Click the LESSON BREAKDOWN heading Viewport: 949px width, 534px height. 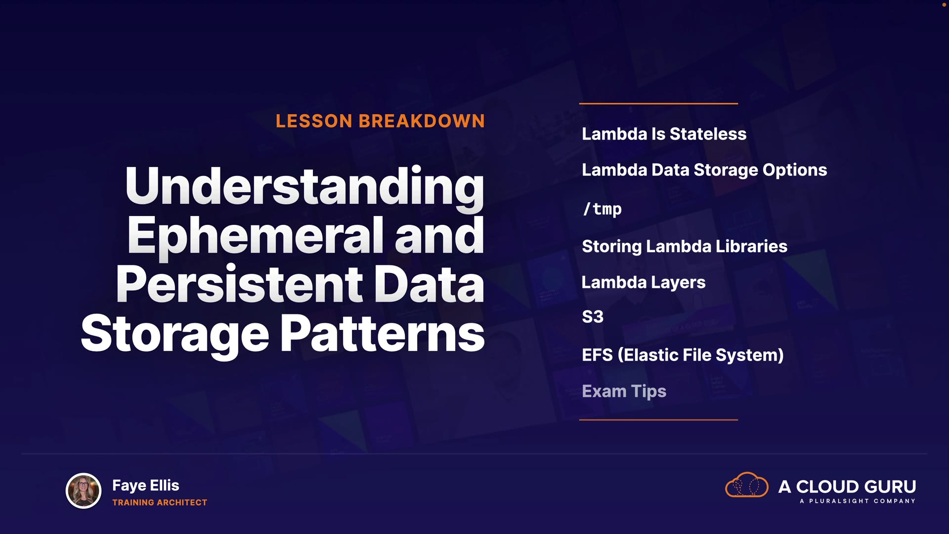(380, 121)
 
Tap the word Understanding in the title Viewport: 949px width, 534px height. (305, 187)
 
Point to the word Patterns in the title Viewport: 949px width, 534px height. (383, 334)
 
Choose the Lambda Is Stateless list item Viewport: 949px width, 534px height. (664, 134)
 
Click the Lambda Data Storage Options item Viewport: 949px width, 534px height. (704, 171)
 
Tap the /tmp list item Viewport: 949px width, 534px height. (602, 209)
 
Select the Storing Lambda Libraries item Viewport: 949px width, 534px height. (685, 247)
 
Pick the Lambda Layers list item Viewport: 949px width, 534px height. (644, 283)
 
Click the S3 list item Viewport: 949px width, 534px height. (593, 317)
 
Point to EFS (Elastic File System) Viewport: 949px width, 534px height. (683, 355)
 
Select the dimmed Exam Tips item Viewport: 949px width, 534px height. (624, 392)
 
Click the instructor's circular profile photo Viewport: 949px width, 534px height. (84, 491)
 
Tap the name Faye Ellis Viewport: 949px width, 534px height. (146, 486)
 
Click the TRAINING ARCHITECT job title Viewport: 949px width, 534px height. (160, 502)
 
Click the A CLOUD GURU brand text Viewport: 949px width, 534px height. (847, 487)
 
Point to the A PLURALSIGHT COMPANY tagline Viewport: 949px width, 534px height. (858, 501)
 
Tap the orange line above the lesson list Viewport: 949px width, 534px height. (658, 104)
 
